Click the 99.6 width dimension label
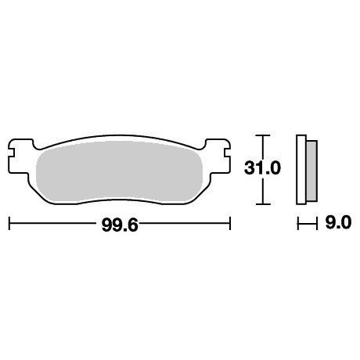tap(120, 225)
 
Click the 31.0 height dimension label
tap(262, 168)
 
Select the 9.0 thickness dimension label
tap(338, 223)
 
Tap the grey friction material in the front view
tap(119, 172)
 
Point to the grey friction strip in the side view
tap(311, 171)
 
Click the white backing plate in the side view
tap(301, 170)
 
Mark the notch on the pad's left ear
tap(11, 153)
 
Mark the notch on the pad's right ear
tap(228, 153)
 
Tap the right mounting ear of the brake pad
tap(218, 157)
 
